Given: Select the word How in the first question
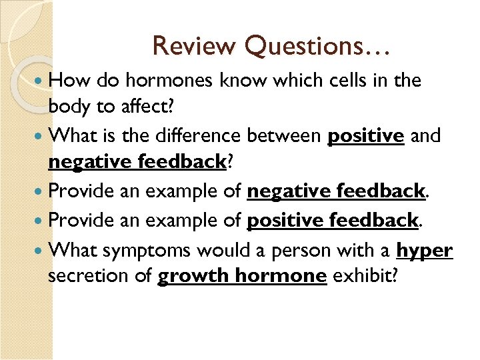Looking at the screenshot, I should click(x=71, y=81).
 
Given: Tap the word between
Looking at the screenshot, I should click(x=285, y=136).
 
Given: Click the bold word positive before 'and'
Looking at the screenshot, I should click(x=366, y=136).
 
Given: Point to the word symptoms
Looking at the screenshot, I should click(x=142, y=251).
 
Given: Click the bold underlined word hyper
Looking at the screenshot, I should click(x=424, y=251).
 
